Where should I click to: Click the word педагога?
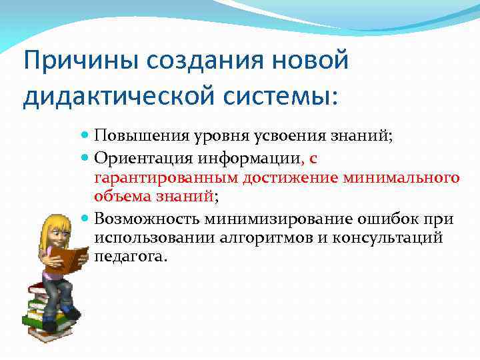point(128,257)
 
